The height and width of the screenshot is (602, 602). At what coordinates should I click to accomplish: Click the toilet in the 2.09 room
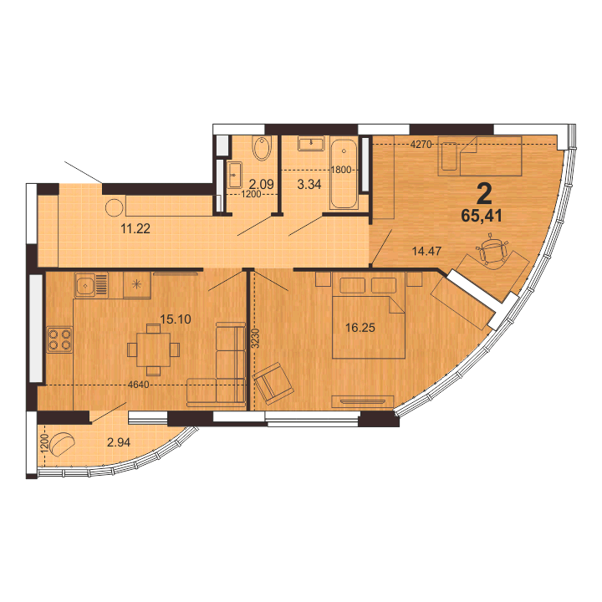[x=262, y=148]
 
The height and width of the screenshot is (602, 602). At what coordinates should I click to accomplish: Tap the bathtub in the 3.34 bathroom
[x=344, y=174]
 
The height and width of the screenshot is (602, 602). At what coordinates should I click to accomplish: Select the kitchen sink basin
[x=85, y=284]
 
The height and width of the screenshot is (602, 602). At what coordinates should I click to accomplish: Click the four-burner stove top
[x=59, y=339]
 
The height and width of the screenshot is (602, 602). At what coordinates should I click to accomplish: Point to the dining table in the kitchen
[x=154, y=349]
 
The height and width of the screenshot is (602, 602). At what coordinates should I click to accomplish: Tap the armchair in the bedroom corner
[x=273, y=383]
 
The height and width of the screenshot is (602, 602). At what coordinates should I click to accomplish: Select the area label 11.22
[x=135, y=229]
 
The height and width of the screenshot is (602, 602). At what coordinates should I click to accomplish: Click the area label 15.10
[x=175, y=319]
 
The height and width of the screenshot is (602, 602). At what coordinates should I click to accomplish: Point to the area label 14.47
[x=426, y=251]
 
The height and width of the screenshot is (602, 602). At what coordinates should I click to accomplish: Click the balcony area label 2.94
[x=119, y=442]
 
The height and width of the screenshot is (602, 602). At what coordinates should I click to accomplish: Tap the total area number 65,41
[x=482, y=217]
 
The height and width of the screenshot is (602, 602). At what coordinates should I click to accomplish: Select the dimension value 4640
[x=139, y=385]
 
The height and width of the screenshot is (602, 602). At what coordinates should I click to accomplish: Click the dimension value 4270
[x=421, y=145]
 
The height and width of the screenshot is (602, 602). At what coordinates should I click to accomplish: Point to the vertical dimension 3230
[x=257, y=339]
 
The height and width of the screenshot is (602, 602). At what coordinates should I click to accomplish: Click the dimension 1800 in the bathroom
[x=341, y=169]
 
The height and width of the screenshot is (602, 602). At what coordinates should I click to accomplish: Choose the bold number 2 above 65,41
[x=484, y=194]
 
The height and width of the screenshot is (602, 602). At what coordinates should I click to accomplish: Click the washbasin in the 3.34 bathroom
[x=311, y=144]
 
